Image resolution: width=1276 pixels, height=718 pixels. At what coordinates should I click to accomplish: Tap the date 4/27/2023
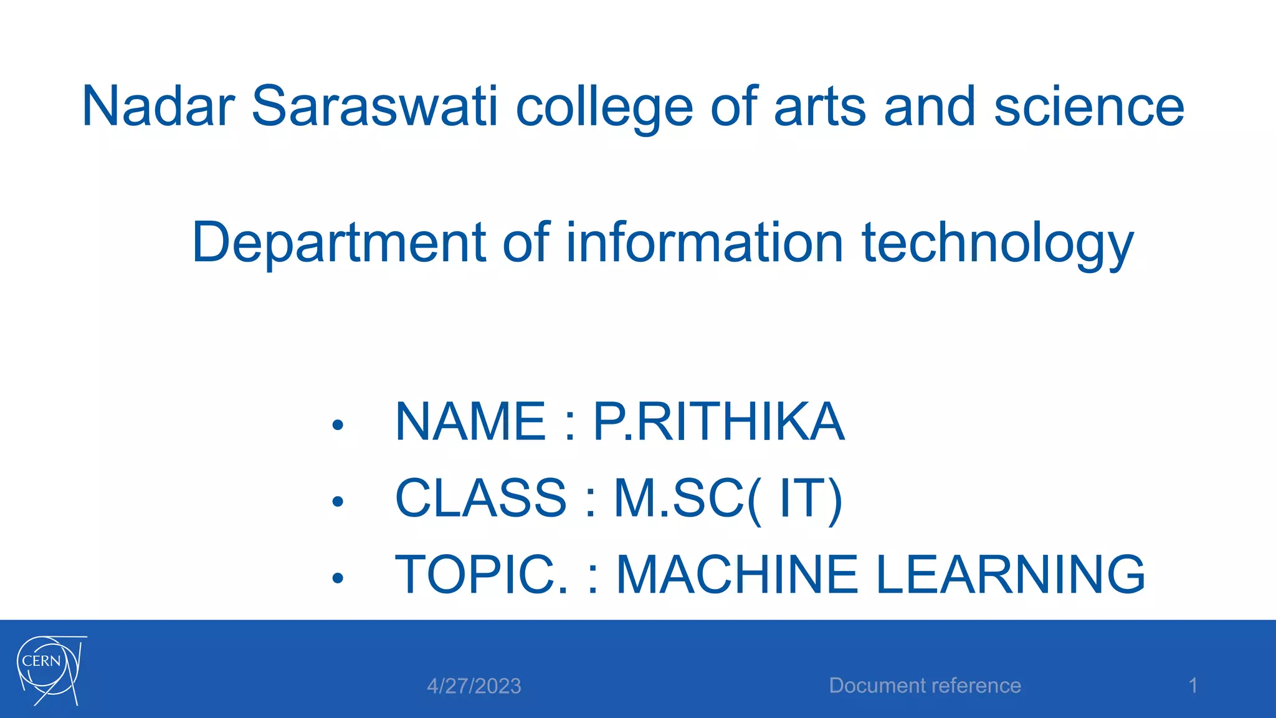pos(474,686)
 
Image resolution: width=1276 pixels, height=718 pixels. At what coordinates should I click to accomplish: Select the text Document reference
pos(925,686)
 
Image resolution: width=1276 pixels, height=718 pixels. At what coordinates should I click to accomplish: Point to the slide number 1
pos(1193,686)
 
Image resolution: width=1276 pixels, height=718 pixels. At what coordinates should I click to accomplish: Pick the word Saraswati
pos(374,107)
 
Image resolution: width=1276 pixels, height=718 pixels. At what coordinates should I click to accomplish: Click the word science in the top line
pos(1088,107)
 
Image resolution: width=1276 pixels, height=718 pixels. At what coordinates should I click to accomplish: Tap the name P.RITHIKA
pos(718,422)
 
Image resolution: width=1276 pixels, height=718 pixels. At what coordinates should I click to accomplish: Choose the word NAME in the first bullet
pos(471,422)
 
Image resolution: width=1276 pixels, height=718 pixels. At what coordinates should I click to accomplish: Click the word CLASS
pos(480,498)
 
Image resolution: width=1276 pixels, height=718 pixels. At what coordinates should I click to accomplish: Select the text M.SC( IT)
pos(728,499)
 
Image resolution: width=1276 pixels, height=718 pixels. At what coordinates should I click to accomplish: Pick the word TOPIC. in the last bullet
pos(482,574)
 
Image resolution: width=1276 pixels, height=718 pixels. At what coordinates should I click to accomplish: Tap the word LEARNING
pos(1010,574)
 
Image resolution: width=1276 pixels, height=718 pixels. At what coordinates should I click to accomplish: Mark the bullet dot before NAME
pos(338,426)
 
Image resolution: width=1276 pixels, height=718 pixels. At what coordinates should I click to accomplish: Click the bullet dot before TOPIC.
pos(338,578)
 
